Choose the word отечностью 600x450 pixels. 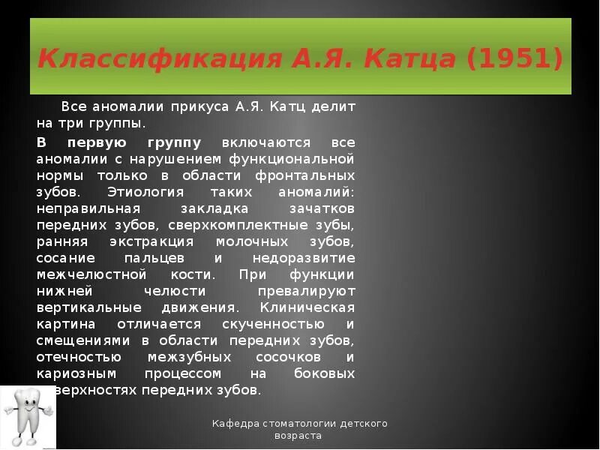pyautogui.click(x=79, y=356)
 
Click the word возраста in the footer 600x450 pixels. pyautogui.click(x=298, y=436)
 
